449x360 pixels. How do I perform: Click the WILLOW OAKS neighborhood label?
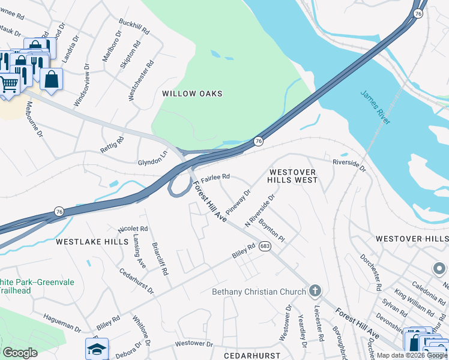click(x=192, y=94)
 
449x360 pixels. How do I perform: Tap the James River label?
click(x=376, y=107)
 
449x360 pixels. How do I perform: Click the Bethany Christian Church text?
click(x=259, y=292)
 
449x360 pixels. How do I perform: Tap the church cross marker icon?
click(x=315, y=292)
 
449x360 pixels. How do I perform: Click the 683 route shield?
click(x=265, y=245)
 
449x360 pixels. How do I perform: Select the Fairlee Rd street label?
click(x=215, y=178)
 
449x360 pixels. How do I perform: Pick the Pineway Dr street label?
click(x=238, y=202)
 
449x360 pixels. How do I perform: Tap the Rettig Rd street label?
click(x=112, y=145)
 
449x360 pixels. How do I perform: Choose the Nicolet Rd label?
click(x=133, y=229)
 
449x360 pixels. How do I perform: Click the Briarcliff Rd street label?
click(x=160, y=259)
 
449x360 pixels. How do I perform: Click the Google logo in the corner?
click(x=20, y=353)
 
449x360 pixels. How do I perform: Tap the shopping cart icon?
click(x=8, y=84)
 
